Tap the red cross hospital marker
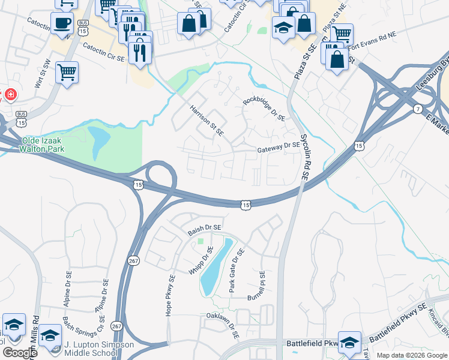click(x=10, y=94)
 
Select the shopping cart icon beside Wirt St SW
click(x=67, y=73)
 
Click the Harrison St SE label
click(x=206, y=121)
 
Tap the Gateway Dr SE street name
click(x=279, y=145)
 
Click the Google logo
click(x=20, y=353)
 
